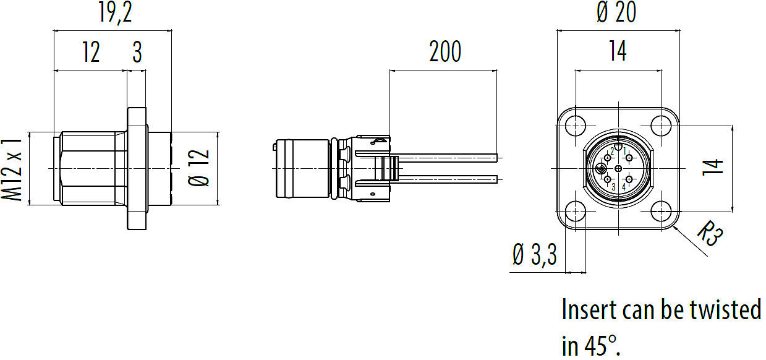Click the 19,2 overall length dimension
coord(115,12)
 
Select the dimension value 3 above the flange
coord(137,52)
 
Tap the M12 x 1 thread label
coord(12,169)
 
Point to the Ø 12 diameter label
coord(198,168)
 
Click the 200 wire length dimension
coord(445,52)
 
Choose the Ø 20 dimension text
coord(616,12)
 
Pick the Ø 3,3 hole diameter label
coord(535,255)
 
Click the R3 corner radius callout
coord(710,233)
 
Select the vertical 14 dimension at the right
coord(713,168)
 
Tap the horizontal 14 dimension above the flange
coord(618,51)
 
